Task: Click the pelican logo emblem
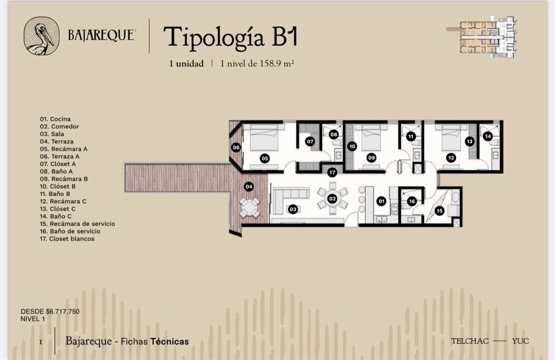tap(42, 36)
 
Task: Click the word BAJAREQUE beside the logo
tap(102, 35)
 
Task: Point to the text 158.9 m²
tap(277, 64)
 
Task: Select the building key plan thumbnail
tap(482, 37)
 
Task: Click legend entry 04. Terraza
tap(57, 141)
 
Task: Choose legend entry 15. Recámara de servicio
tap(78, 224)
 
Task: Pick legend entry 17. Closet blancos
tap(67, 238)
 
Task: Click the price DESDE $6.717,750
tap(50, 311)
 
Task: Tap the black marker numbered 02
tap(332, 199)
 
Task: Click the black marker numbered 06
tap(236, 147)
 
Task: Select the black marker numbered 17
tap(332, 172)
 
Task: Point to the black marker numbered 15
tap(439, 211)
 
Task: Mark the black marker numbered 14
tap(487, 136)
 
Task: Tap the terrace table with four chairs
tap(249, 208)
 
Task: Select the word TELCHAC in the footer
tap(470, 341)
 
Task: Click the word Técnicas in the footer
tap(170, 342)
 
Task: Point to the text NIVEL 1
tap(33, 319)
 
